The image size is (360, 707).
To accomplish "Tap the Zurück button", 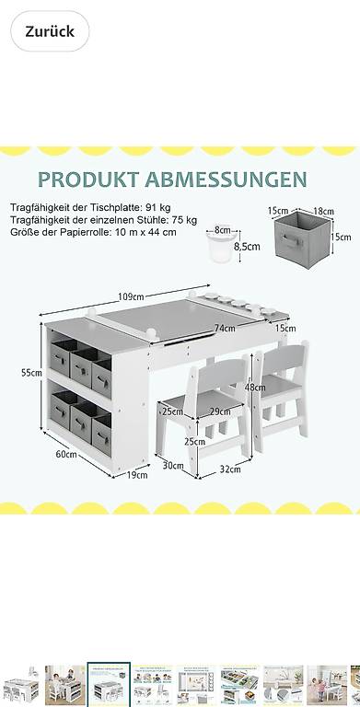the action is [50, 31].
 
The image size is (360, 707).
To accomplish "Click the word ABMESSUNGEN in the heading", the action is [226, 180].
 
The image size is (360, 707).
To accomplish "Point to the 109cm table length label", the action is [132, 296].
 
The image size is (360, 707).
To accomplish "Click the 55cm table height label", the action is [31, 373].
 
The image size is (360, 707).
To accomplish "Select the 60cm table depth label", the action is [66, 454].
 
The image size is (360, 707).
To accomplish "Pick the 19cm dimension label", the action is [137, 475].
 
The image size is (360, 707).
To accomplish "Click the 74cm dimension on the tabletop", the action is [225, 329].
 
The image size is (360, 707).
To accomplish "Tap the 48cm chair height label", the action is [255, 388].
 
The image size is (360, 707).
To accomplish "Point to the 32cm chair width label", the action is [230, 469].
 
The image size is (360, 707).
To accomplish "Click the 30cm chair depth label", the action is [173, 466].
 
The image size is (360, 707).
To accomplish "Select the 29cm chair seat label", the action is [220, 411].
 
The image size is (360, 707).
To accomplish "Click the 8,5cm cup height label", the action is [247, 247].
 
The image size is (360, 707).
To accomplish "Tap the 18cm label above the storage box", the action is [323, 211].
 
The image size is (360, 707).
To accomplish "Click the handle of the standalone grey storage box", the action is [290, 241].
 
